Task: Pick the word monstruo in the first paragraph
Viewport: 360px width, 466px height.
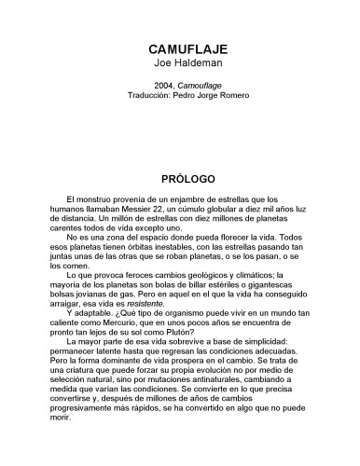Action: point(101,200)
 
